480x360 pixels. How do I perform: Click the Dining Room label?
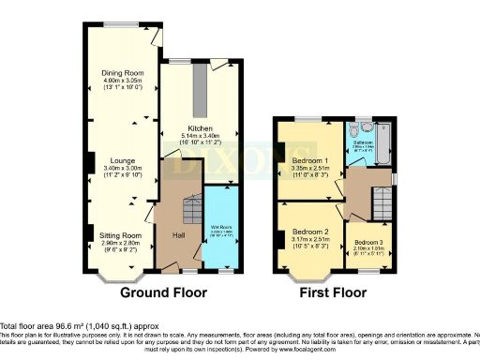(122, 72)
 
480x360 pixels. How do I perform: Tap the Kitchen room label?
(200, 128)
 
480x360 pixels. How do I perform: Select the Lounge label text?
(122, 160)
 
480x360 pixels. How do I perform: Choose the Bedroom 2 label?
(309, 232)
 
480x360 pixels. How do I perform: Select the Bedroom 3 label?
(368, 244)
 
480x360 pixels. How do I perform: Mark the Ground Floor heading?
(163, 293)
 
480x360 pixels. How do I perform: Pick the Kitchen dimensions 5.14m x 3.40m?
(200, 136)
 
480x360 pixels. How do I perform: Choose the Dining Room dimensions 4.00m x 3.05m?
(122, 81)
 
